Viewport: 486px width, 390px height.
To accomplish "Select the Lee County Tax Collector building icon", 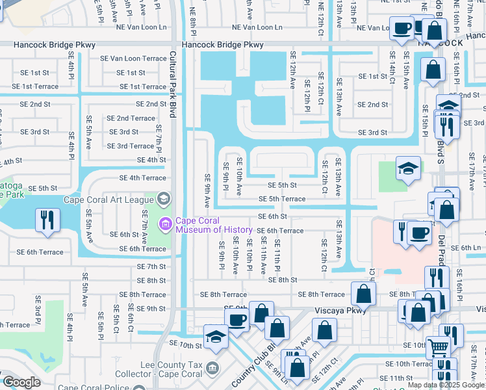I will coord(212,369).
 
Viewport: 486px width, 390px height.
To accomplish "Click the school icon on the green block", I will coord(408,168).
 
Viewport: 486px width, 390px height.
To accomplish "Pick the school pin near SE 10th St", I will coord(215,337).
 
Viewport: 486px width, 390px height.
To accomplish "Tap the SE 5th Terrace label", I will coord(282,199).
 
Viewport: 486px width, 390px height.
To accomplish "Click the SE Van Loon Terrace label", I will coord(138,58).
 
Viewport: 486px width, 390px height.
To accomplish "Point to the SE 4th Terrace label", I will coord(142,177).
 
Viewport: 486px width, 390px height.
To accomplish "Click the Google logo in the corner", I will coord(21,383).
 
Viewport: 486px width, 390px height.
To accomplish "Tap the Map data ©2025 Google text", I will coord(446,385).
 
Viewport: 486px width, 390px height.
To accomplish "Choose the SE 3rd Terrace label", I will coord(130,146).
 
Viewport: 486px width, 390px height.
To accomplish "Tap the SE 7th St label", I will coord(151,266).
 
